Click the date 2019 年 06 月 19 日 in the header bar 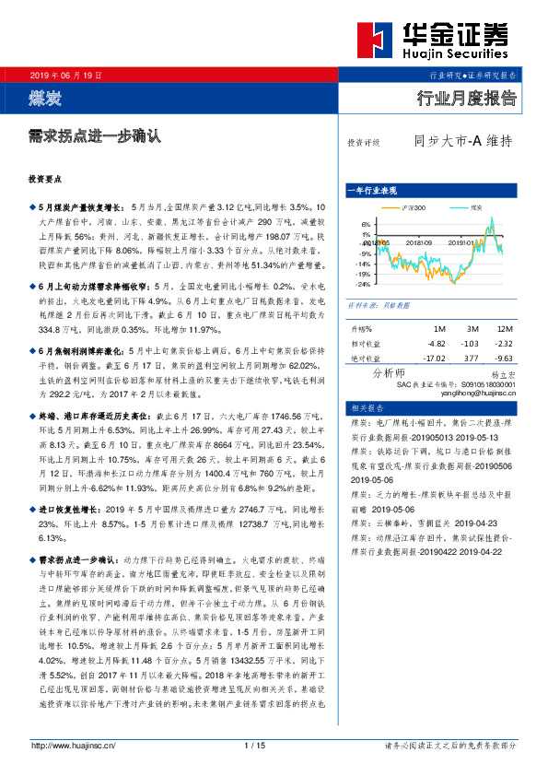pos(66,74)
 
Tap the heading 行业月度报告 pos(467,99)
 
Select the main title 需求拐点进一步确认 pos(95,135)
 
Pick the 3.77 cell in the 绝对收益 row pos(471,358)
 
